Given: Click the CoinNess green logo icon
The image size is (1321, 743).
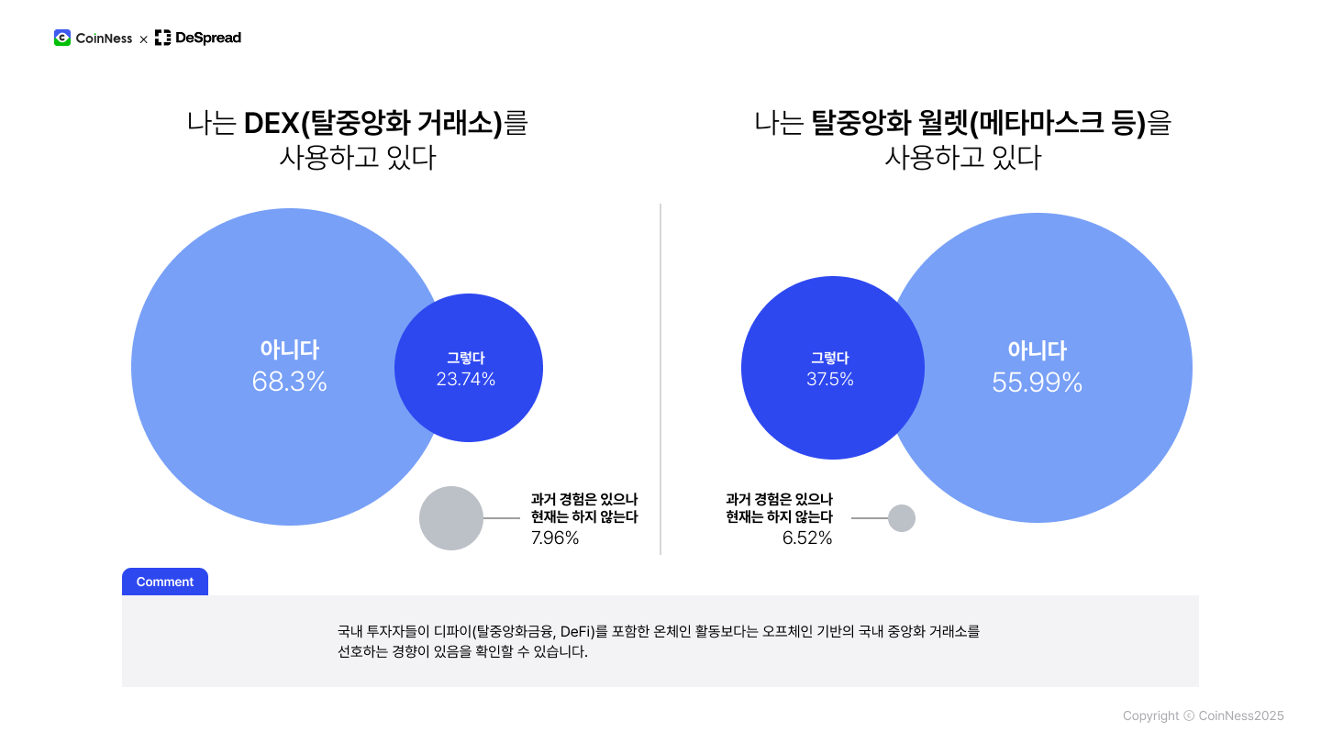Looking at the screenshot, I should (x=62, y=38).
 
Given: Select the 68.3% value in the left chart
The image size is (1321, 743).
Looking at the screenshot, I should (x=289, y=383).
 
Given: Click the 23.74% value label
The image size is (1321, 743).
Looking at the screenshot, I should (x=466, y=380).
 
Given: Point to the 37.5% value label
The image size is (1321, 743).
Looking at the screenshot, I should (x=830, y=380).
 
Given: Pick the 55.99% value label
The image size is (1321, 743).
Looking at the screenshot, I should (x=1037, y=383).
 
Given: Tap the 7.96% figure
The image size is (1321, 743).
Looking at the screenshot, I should (x=555, y=538).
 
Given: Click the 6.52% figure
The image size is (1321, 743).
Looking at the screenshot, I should (x=807, y=538).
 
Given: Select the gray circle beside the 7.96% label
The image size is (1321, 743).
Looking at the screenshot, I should (x=451, y=518).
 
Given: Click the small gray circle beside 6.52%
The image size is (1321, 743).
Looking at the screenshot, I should (x=902, y=518).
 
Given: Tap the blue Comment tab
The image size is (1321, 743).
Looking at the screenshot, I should (x=165, y=582).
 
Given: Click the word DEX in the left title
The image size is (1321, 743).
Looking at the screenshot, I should (x=272, y=123).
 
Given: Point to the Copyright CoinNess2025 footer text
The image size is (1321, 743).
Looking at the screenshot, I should (x=1203, y=715).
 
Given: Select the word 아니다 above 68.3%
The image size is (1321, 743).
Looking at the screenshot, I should (x=289, y=349).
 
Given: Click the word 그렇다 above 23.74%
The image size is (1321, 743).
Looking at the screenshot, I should (x=466, y=358).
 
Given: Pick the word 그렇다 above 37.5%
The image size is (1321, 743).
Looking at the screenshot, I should (x=830, y=358).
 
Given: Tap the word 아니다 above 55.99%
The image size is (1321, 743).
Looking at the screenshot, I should (x=1037, y=350).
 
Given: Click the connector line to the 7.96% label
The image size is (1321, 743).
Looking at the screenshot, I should (x=502, y=518).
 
